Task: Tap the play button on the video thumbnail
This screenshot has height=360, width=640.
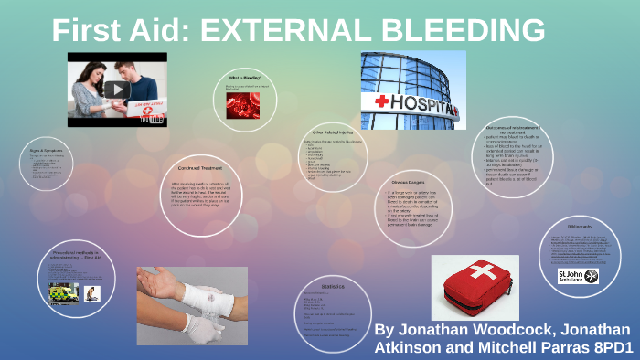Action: (x=115, y=90)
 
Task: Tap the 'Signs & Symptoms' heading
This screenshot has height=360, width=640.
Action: (x=43, y=148)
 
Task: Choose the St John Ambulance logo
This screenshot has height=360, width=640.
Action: (x=577, y=275)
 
